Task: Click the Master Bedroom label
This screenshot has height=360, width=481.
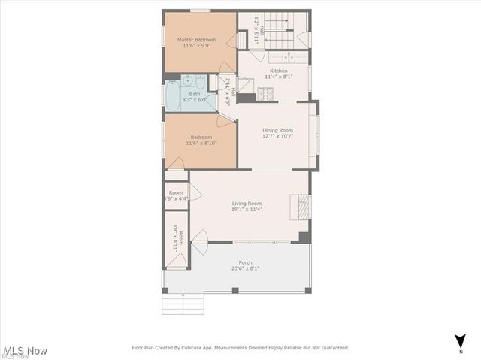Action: coord(196,39)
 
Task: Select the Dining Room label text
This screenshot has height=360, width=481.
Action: coord(277,130)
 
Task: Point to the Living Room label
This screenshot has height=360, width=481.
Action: coord(247,204)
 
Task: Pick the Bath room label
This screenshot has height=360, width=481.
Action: coord(195,94)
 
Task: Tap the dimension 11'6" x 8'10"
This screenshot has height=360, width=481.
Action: coord(201,143)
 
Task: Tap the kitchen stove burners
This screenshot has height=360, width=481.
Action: coord(265,94)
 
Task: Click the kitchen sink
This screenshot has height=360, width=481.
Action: coord(289,57)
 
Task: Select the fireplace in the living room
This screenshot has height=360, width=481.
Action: coord(301,204)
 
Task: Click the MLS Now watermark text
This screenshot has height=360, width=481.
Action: coord(26,350)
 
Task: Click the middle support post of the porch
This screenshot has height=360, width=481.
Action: coord(235,290)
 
